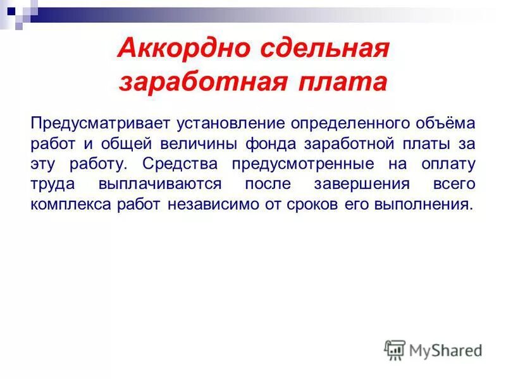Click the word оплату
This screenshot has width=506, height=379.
click(448, 164)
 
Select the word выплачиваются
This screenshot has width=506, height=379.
click(160, 184)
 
